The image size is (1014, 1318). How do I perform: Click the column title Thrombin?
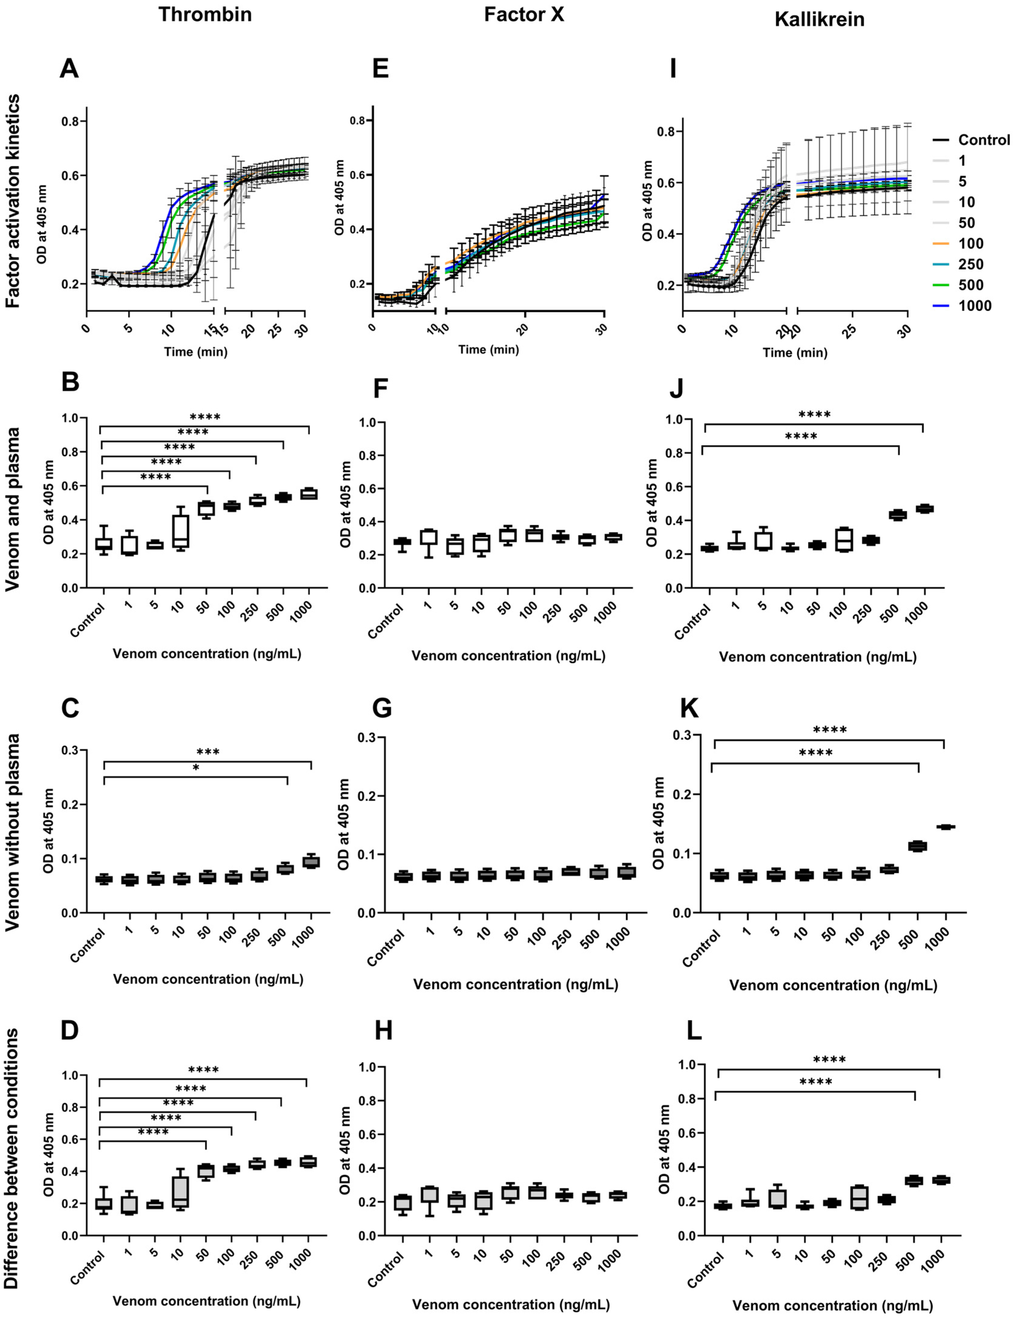tap(205, 15)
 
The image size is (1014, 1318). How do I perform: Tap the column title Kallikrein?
tap(819, 19)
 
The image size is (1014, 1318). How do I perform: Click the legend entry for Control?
tap(983, 140)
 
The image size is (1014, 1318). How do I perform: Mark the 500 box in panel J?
tap(898, 515)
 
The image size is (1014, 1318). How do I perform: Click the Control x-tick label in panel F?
tap(386, 622)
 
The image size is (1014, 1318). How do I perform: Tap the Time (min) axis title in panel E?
tap(488, 349)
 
